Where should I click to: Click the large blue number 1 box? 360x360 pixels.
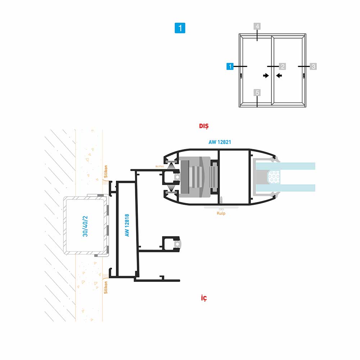180,28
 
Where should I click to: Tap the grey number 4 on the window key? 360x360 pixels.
257,27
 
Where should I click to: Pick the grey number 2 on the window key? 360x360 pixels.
283,66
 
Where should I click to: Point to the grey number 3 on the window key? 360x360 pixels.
313,66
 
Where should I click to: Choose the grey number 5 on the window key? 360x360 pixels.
257,93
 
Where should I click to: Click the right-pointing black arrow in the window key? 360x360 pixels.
266,76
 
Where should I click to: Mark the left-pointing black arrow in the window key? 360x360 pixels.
279,76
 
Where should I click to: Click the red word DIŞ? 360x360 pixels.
204,126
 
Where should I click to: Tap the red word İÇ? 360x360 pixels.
204,298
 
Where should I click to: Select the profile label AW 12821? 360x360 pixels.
220,142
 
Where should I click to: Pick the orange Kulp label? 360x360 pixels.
221,213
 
